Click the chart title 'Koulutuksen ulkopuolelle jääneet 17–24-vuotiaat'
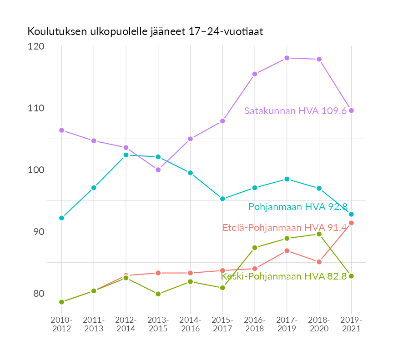tap(145, 32)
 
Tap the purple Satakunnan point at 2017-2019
tap(287, 58)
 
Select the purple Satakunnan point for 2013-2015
tap(158, 170)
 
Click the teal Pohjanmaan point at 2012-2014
tap(126, 155)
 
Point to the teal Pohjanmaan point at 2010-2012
tap(61, 218)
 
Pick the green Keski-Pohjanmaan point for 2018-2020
tap(319, 234)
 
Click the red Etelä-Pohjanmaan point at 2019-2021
tap(351, 223)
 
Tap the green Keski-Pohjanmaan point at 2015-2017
tap(222, 288)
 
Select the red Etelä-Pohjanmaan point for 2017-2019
tap(287, 251)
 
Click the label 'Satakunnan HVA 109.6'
tap(296, 111)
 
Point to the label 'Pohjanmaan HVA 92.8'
tap(297, 207)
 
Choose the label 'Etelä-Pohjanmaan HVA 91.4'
tap(285, 228)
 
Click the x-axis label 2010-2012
tap(61, 325)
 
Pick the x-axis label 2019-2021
tap(351, 325)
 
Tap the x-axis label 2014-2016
tap(190, 325)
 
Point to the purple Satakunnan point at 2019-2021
tap(351, 110)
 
